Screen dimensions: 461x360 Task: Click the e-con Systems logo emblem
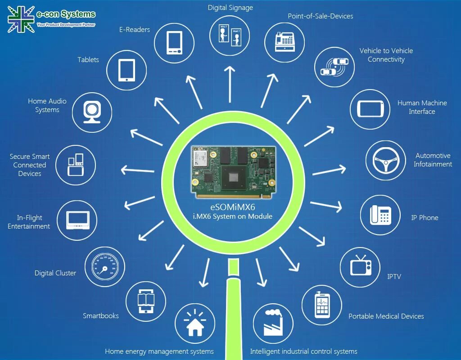[21, 19]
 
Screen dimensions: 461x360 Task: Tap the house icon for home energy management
[194, 323]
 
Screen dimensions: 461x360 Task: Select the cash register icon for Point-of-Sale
[284, 42]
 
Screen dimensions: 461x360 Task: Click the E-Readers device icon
[174, 43]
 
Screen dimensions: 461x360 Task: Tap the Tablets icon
[127, 70]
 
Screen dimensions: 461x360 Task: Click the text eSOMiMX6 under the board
[233, 207]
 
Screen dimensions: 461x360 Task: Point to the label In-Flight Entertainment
[29, 222]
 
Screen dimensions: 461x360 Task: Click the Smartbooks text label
[101, 315]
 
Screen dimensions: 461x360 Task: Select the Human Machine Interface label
[422, 107]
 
